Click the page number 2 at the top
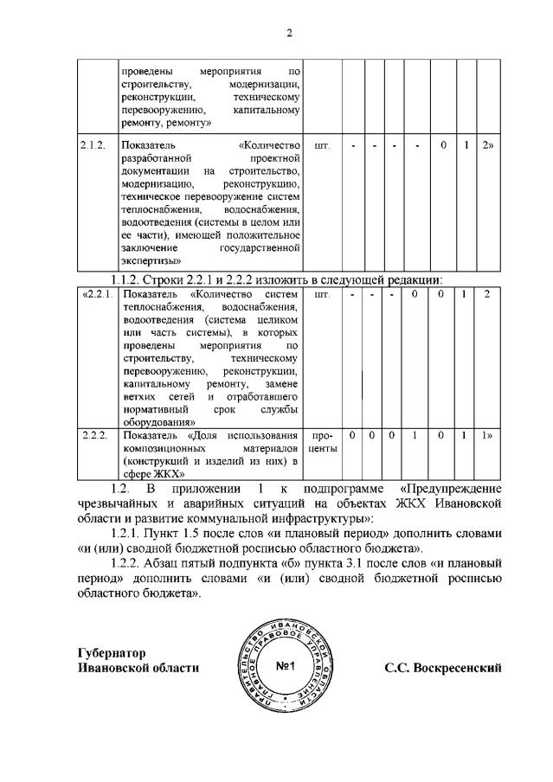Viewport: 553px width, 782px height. coord(289,33)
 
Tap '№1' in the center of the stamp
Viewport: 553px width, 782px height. coord(286,667)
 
